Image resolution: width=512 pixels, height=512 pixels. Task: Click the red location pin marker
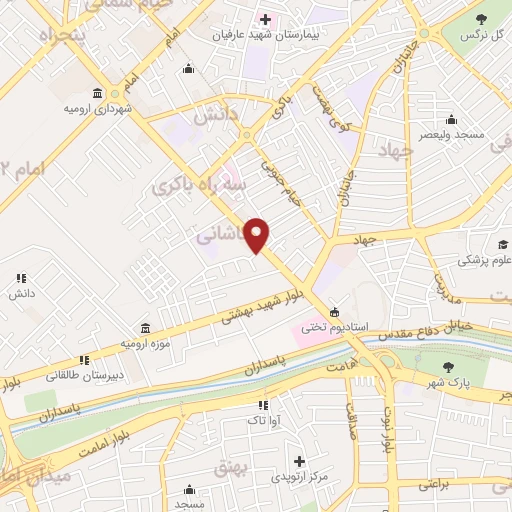point(257,234)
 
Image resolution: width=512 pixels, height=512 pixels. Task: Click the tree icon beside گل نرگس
point(480,18)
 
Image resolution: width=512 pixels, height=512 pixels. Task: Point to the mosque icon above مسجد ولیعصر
point(451,118)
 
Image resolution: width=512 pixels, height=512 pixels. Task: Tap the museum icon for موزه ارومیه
point(146,329)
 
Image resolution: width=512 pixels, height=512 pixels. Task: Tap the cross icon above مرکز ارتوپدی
point(298,461)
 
